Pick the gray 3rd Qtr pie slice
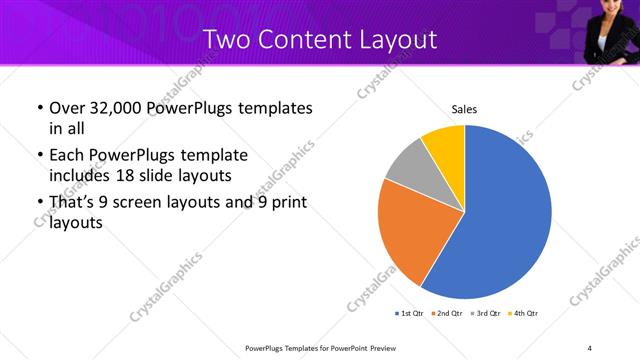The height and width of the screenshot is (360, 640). click(410, 165)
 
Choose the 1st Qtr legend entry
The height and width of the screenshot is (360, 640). click(410, 313)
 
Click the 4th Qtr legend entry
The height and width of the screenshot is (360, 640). click(524, 313)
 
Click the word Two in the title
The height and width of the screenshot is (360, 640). click(224, 40)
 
